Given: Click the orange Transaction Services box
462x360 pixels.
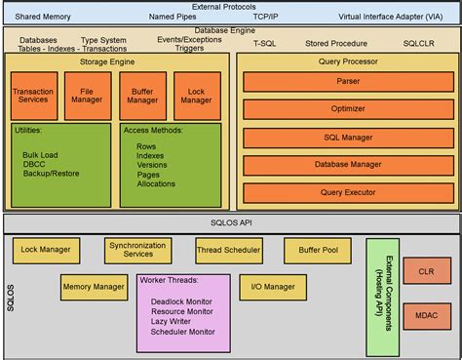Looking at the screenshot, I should [34, 94].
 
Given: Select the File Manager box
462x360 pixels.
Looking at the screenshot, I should [88, 94].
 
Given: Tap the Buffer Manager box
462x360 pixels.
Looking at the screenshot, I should [142, 94].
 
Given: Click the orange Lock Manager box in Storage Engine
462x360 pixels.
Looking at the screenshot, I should [197, 94].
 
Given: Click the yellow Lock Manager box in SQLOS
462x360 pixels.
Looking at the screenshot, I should [46, 250].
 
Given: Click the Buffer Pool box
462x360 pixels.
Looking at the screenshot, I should [310, 250].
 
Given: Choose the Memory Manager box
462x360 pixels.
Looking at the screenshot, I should [94, 287].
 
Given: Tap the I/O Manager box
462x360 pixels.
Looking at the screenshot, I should [273, 287].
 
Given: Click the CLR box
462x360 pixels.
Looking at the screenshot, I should [425, 272].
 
